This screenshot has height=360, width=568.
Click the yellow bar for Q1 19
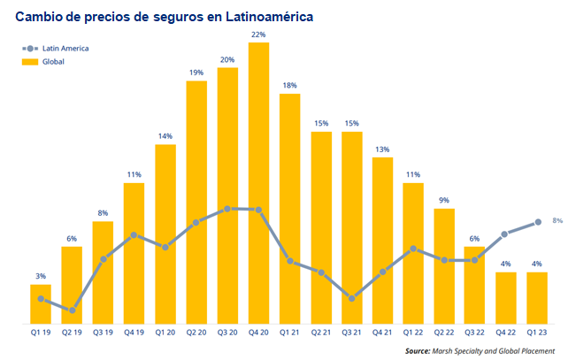[41, 303]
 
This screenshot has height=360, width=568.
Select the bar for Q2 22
[446, 265]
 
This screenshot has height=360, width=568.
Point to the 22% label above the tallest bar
[259, 34]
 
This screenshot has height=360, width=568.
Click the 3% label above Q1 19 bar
[41, 276]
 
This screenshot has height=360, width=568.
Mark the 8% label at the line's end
[557, 219]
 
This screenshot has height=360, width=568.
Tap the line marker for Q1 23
[538, 222]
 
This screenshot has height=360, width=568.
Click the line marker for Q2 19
[73, 310]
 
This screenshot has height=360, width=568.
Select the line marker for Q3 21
[352, 298]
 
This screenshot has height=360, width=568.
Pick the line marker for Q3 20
[228, 209]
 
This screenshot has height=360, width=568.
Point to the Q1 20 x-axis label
[165, 333]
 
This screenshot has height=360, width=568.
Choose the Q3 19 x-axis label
[104, 333]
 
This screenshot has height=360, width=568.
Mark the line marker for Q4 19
[134, 235]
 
